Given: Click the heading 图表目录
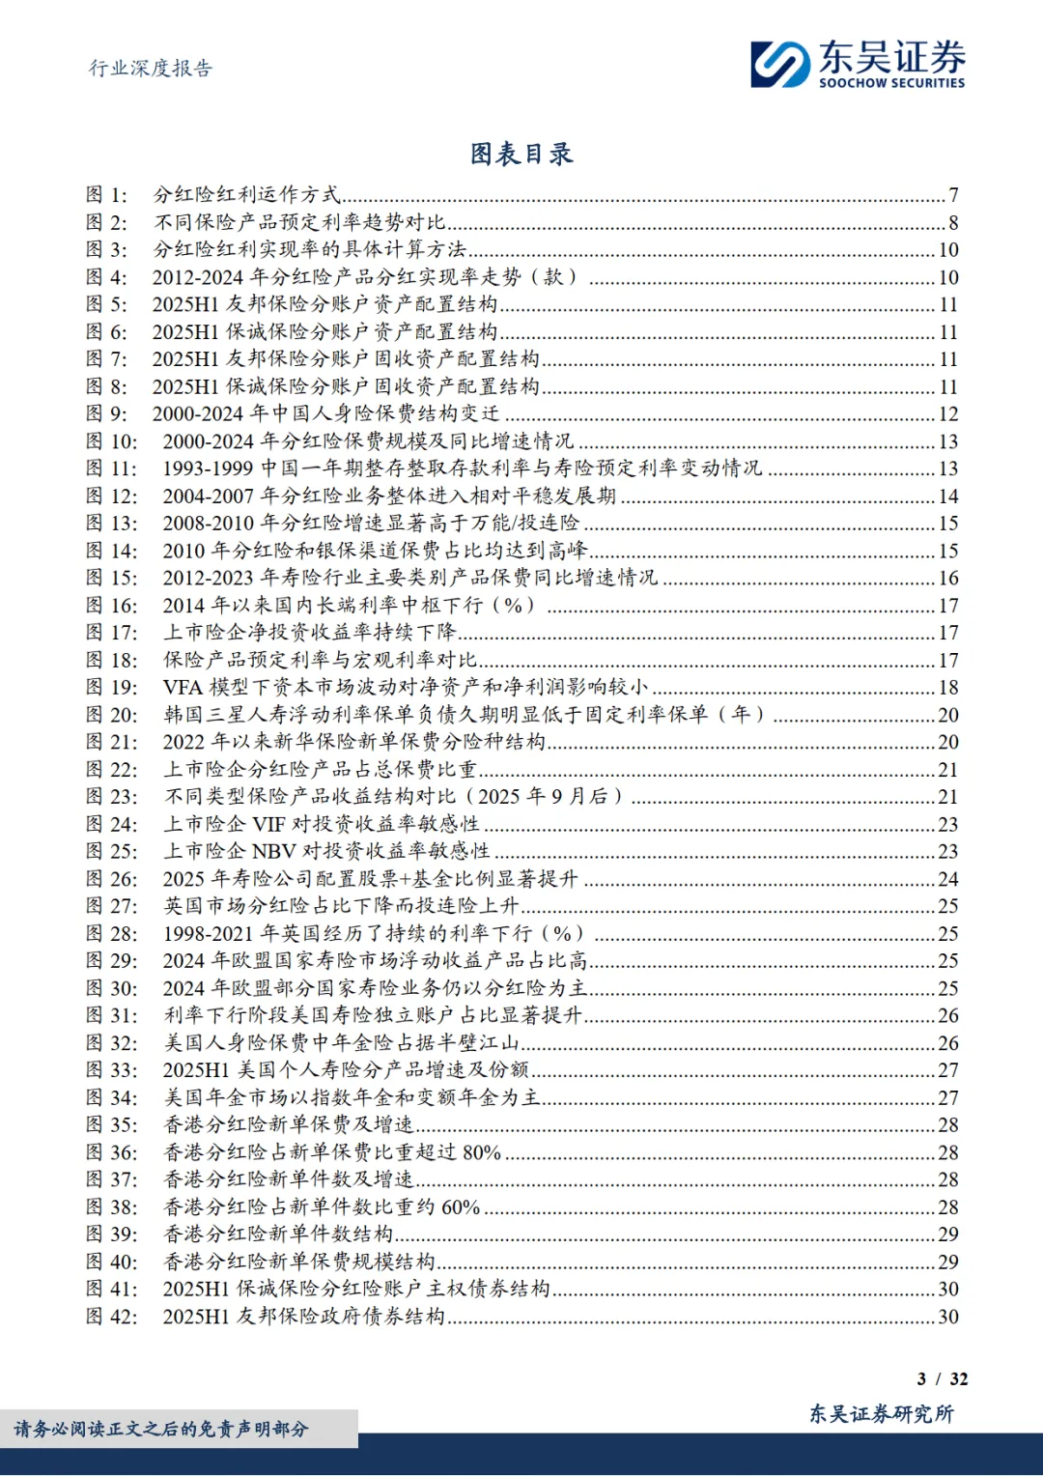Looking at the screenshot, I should [x=521, y=154].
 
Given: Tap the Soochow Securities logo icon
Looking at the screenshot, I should [x=780, y=65].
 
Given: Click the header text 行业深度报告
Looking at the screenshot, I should [x=151, y=68].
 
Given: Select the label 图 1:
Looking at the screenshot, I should [x=106, y=195].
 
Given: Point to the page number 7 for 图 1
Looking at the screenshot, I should [x=953, y=195].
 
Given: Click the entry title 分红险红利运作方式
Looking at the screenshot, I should [x=247, y=195].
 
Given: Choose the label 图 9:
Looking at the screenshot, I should [x=106, y=414].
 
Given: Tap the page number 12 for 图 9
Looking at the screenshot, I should [x=948, y=414].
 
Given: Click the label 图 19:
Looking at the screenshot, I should [x=111, y=688].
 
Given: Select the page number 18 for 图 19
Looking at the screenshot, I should [x=948, y=688].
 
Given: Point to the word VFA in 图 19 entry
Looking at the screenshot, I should [x=183, y=688].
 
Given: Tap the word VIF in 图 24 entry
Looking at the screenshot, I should [x=269, y=824].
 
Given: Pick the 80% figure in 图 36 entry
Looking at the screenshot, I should [x=481, y=1152].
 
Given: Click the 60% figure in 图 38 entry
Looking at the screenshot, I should [x=461, y=1207].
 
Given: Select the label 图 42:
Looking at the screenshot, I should [x=111, y=1317].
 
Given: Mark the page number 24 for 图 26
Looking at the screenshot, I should [x=948, y=879].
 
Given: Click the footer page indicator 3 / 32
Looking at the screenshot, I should [x=942, y=1378].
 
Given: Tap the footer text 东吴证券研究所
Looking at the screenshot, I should [x=881, y=1414].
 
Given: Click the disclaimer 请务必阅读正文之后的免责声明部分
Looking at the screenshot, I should [x=161, y=1429].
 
